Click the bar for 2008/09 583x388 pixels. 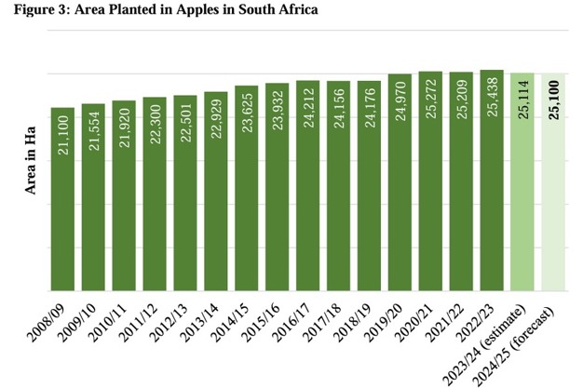click(62, 200)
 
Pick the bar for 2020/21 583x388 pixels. click(430, 181)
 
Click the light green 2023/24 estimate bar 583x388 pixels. click(522, 182)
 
